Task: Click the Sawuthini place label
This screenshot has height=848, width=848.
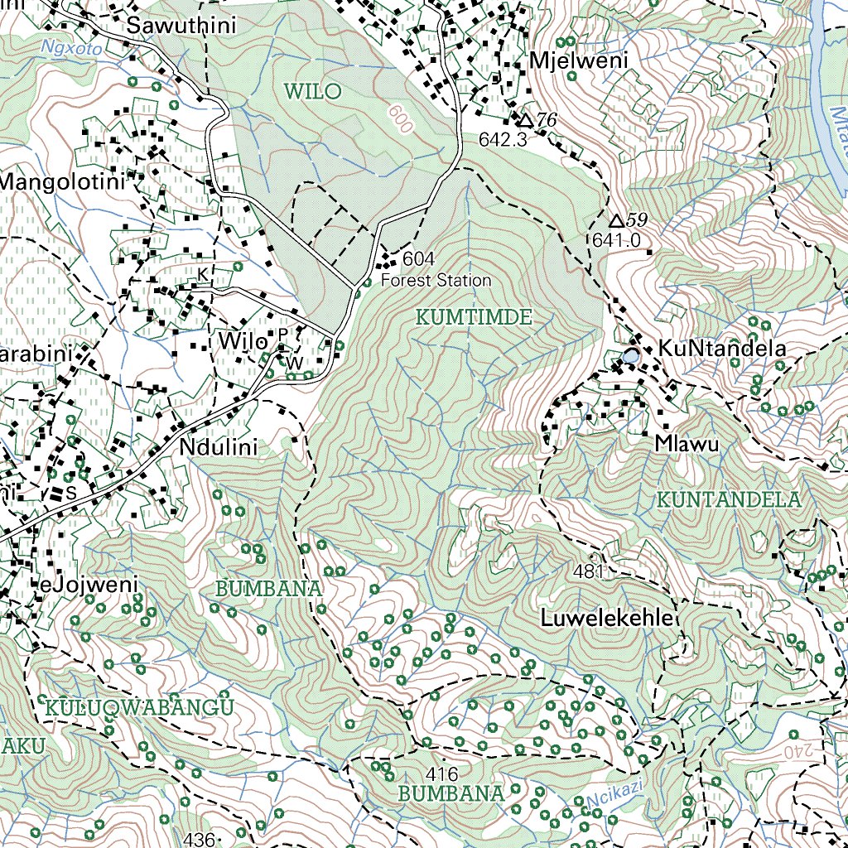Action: coord(181,26)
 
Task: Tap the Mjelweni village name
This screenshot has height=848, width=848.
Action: coord(579,60)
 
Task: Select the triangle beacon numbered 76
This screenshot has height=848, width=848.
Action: coord(525,121)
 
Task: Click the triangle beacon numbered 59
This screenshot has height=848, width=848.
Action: coord(615,221)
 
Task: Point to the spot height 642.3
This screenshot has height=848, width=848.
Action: coord(503,140)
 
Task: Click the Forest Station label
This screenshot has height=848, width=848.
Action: coord(436,281)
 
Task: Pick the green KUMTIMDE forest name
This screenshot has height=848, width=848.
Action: coord(473,317)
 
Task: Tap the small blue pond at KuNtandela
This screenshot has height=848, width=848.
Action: coord(631,356)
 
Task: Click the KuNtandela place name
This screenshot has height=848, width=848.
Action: coord(721,349)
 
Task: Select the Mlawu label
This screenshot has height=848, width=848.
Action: coord(687,443)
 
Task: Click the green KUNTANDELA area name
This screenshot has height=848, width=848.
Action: coord(729,500)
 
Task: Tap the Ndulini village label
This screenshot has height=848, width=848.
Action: coord(219,448)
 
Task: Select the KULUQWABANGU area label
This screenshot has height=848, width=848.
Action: coord(140,706)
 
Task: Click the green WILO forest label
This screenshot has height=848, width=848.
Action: coord(312,91)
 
